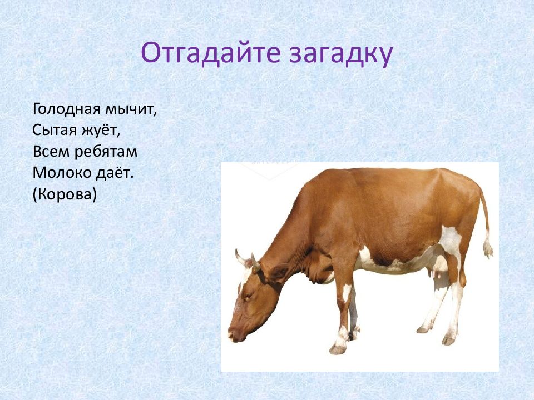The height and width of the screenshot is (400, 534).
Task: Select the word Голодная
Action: point(67,109)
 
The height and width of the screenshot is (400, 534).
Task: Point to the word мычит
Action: point(131,110)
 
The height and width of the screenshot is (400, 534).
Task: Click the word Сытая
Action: point(55,130)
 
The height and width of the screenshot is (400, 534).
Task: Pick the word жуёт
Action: point(101,130)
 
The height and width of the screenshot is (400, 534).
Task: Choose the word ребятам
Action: point(106,152)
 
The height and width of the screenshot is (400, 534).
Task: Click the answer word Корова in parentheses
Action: point(65,194)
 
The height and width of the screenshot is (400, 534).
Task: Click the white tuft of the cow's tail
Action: point(488,247)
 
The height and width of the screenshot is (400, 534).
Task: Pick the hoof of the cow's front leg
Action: point(338,349)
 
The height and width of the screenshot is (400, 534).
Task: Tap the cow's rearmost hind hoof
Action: point(448,341)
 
